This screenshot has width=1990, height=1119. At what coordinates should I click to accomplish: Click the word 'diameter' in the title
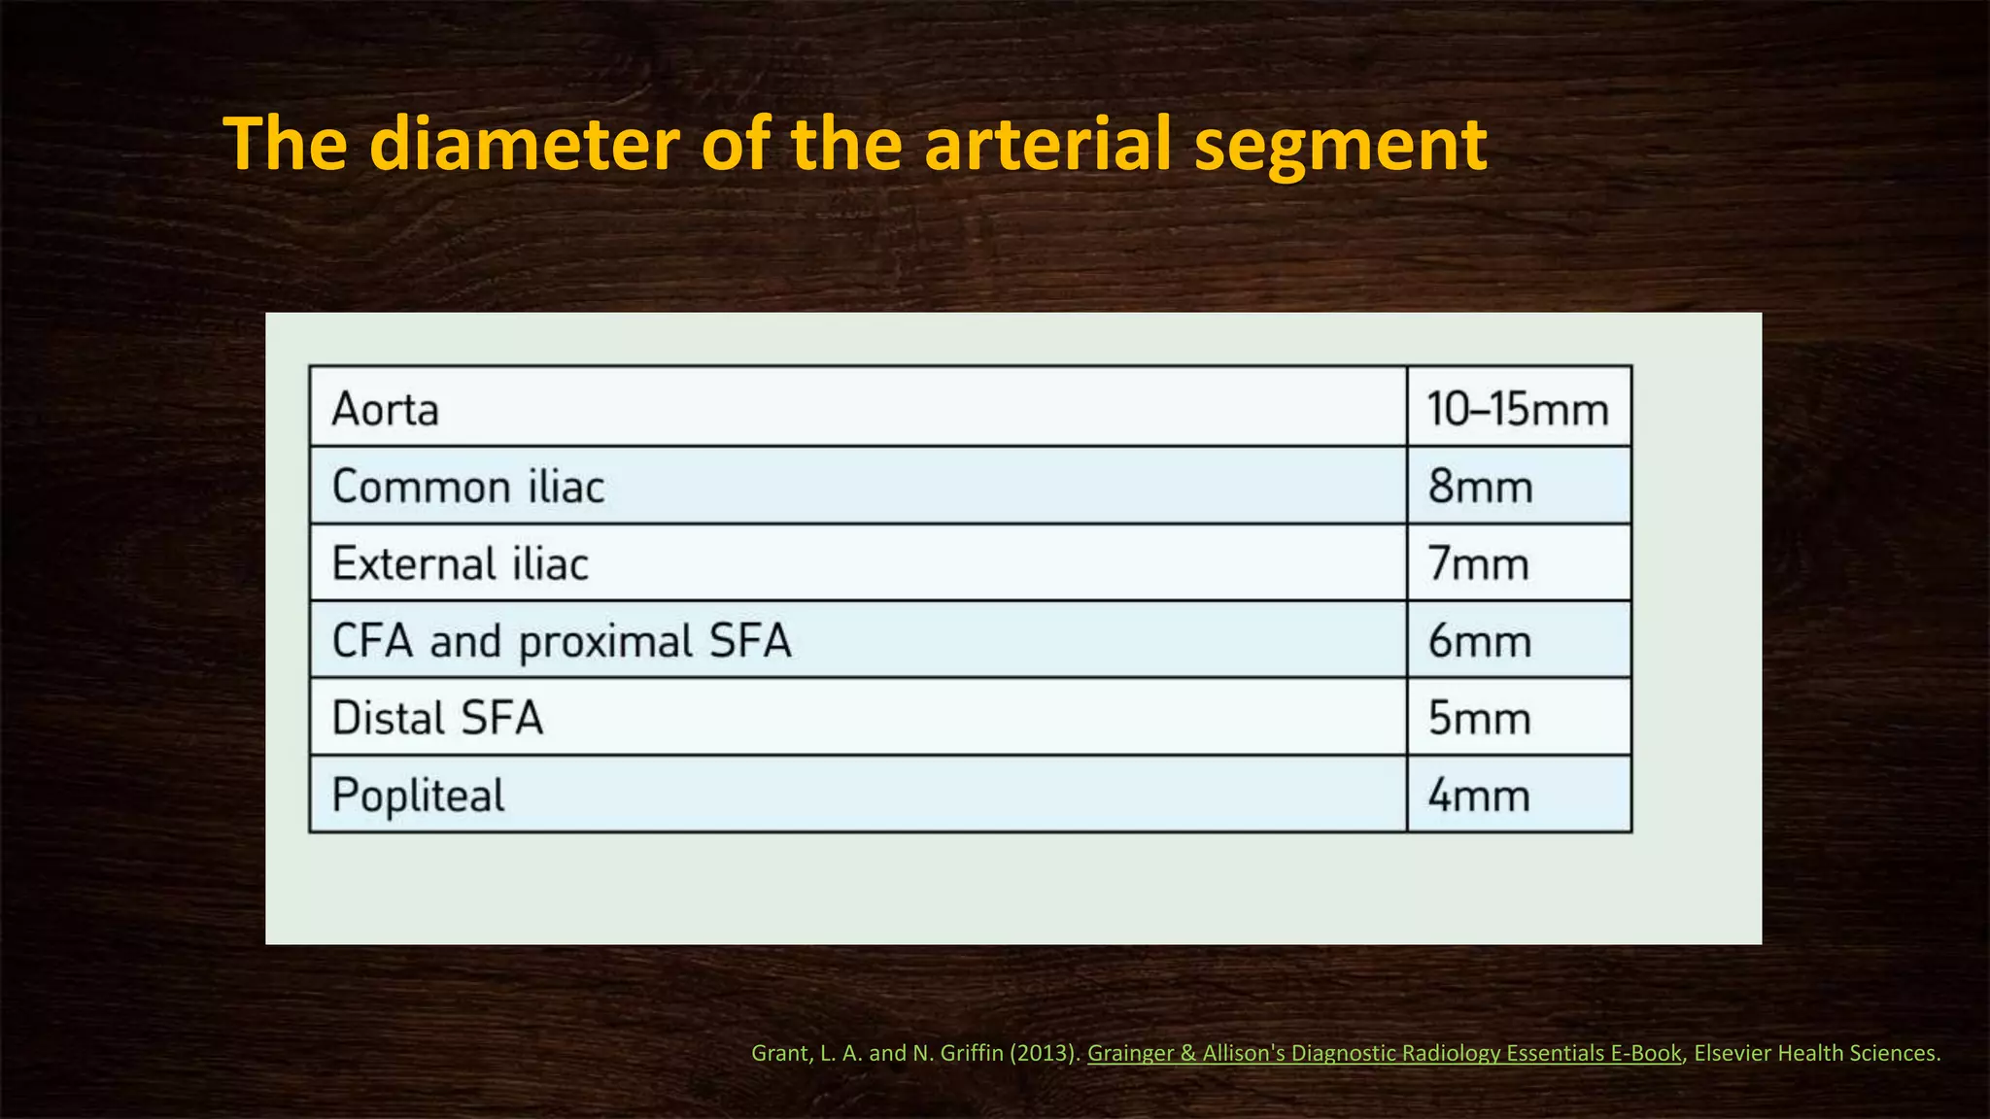525,144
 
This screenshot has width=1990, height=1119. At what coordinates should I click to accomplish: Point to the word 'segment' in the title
1340,146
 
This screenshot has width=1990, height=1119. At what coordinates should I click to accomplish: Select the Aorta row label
386,409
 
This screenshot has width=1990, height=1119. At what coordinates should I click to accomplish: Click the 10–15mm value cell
1518,409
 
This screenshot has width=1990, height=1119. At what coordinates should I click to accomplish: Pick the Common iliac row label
468,486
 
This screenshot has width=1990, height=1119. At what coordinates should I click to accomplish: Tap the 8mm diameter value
1481,486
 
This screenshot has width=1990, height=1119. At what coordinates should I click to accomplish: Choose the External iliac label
461,563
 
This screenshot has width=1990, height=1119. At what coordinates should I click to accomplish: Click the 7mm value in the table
1479,563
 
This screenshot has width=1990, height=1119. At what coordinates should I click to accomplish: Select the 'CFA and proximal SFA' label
562,641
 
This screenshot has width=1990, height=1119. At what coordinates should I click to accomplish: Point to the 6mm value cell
1480,641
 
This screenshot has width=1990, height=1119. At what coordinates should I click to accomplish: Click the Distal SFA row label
437,718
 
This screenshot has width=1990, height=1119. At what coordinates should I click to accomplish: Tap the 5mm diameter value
1480,718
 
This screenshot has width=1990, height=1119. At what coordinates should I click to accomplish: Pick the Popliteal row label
419,796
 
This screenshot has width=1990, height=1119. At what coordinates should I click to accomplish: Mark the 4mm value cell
1479,796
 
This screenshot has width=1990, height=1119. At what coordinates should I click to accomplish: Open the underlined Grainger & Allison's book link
1384,1053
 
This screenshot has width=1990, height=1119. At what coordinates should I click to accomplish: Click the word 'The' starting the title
285,144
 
